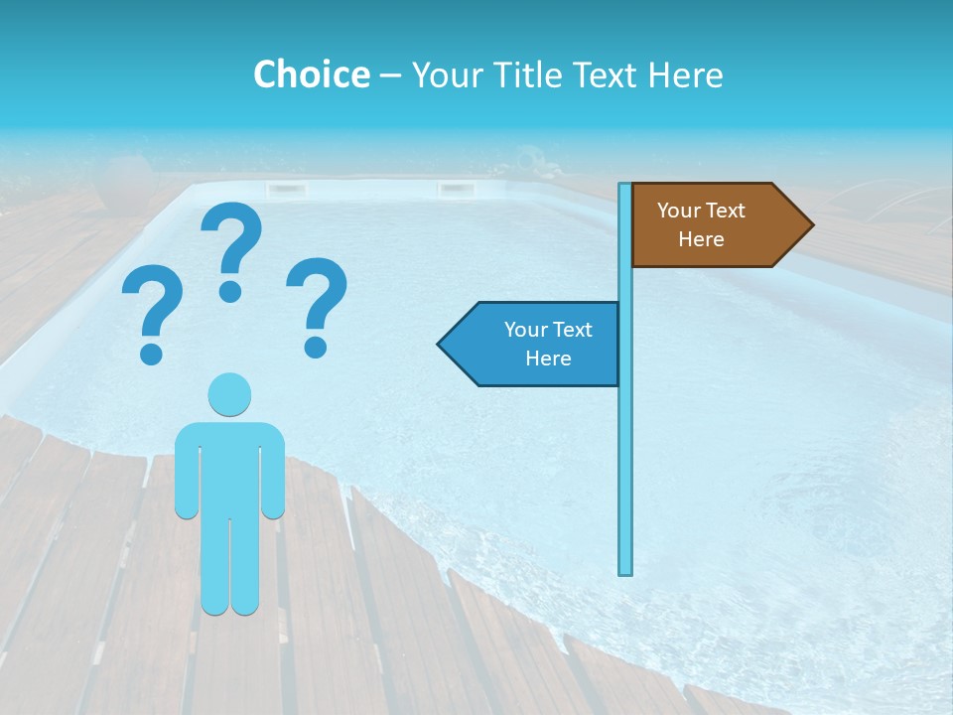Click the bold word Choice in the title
click(x=311, y=74)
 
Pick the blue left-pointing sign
click(x=536, y=344)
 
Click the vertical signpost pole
click(x=625, y=447)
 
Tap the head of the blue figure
click(x=229, y=394)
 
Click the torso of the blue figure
click(x=229, y=467)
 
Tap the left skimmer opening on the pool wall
click(x=285, y=188)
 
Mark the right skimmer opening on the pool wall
click(x=456, y=188)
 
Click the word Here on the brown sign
click(x=701, y=239)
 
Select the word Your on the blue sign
click(x=522, y=330)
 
